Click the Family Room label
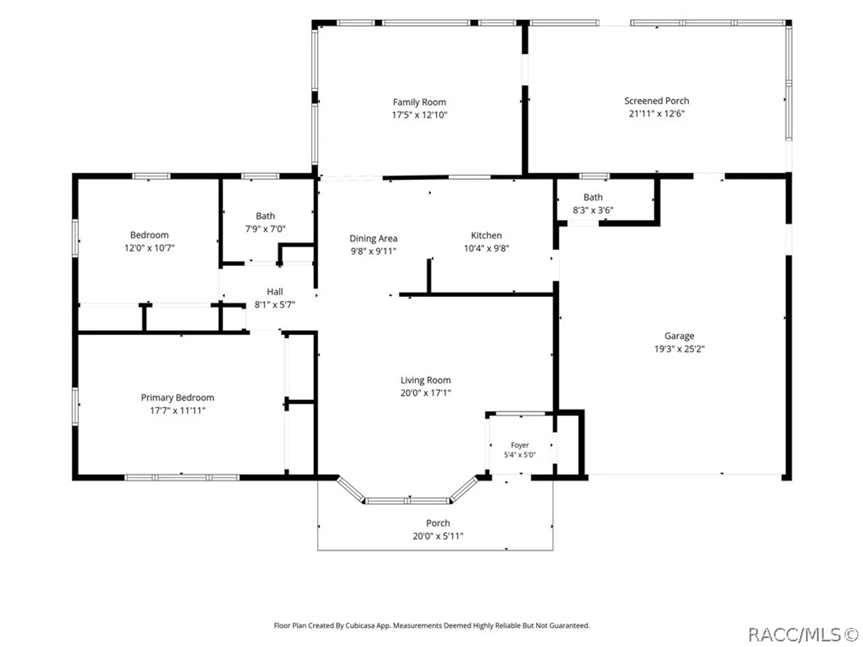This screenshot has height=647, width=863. point(419,102)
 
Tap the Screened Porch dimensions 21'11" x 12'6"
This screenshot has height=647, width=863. point(656,114)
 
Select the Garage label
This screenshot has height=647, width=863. point(679,336)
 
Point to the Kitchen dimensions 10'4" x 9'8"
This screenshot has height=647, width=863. point(487,248)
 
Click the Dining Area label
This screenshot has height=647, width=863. point(373,238)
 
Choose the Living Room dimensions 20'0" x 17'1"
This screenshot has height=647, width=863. point(426,393)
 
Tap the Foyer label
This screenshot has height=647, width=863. point(520,445)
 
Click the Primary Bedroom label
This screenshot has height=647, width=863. point(177,398)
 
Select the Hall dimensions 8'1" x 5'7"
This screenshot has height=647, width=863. point(274,304)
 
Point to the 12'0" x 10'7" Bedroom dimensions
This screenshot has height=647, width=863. point(149,248)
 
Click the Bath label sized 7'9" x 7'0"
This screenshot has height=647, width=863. point(265,216)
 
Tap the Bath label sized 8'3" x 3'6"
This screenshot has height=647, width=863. point(593,197)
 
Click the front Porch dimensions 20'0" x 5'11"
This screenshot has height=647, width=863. point(437,536)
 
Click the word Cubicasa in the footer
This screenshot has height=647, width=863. point(360,625)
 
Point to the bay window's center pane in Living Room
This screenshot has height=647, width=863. point(408,500)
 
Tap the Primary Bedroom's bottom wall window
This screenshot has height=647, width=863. point(182,477)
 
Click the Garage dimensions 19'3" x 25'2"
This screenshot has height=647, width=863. point(679,349)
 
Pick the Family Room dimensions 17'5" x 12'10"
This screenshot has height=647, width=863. point(419,114)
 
